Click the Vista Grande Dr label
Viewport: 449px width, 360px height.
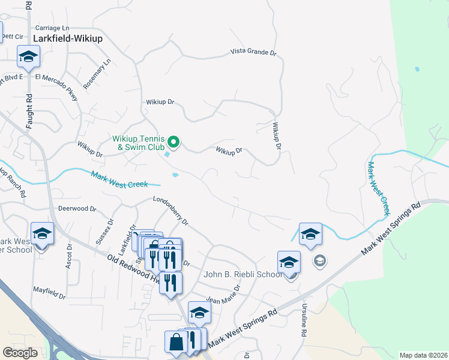(253, 53)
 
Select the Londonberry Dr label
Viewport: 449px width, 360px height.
(171, 212)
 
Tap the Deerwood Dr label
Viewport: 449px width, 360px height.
(77, 209)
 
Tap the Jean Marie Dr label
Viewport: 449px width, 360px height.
(223, 295)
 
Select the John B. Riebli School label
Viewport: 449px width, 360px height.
(243, 275)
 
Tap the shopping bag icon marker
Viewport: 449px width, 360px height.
(177, 342)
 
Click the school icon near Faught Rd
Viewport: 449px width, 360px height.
(28, 57)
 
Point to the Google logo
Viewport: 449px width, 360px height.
(20, 353)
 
